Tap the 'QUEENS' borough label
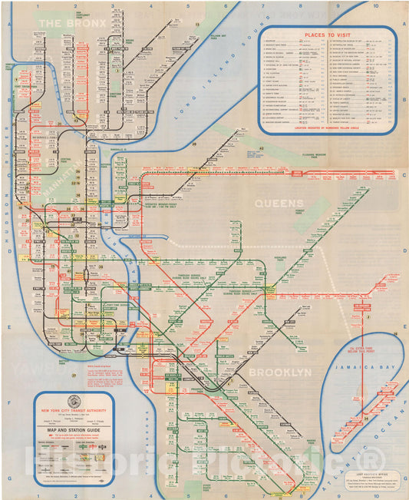pos(280,204)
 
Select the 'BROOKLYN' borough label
pos(279,372)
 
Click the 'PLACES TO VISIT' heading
pos(328,35)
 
